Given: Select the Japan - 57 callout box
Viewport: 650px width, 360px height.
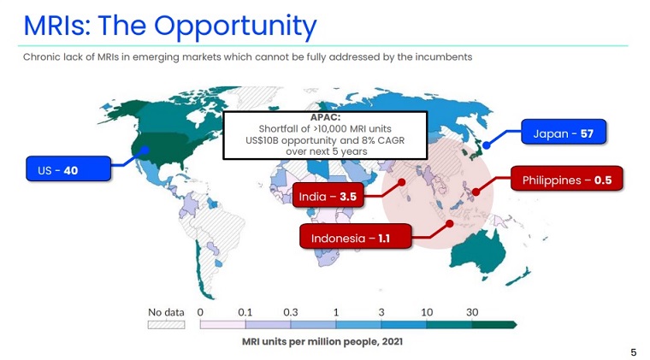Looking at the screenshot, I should [x=562, y=133].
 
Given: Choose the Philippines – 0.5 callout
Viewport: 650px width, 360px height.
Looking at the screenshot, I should [x=567, y=180].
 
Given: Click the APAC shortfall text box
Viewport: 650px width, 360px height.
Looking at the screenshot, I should [x=325, y=134].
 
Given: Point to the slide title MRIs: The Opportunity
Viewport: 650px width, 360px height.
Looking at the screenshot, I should [x=169, y=26].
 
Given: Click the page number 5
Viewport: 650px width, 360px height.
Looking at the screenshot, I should [x=634, y=352].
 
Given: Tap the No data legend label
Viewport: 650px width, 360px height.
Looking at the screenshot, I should [x=166, y=312].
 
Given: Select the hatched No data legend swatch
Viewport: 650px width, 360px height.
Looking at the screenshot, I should [x=166, y=325].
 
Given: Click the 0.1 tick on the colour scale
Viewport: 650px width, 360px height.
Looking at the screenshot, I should [x=245, y=312].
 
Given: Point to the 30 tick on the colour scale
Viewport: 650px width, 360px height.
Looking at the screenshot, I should [x=472, y=312].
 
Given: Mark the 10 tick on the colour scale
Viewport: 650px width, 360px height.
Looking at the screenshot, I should [x=427, y=312].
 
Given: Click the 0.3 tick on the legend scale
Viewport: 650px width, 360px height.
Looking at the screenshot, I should [x=291, y=312].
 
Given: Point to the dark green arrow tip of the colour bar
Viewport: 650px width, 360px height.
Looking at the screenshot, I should [x=512, y=325].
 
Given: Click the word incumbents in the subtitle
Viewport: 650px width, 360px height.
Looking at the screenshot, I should [x=443, y=57].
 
